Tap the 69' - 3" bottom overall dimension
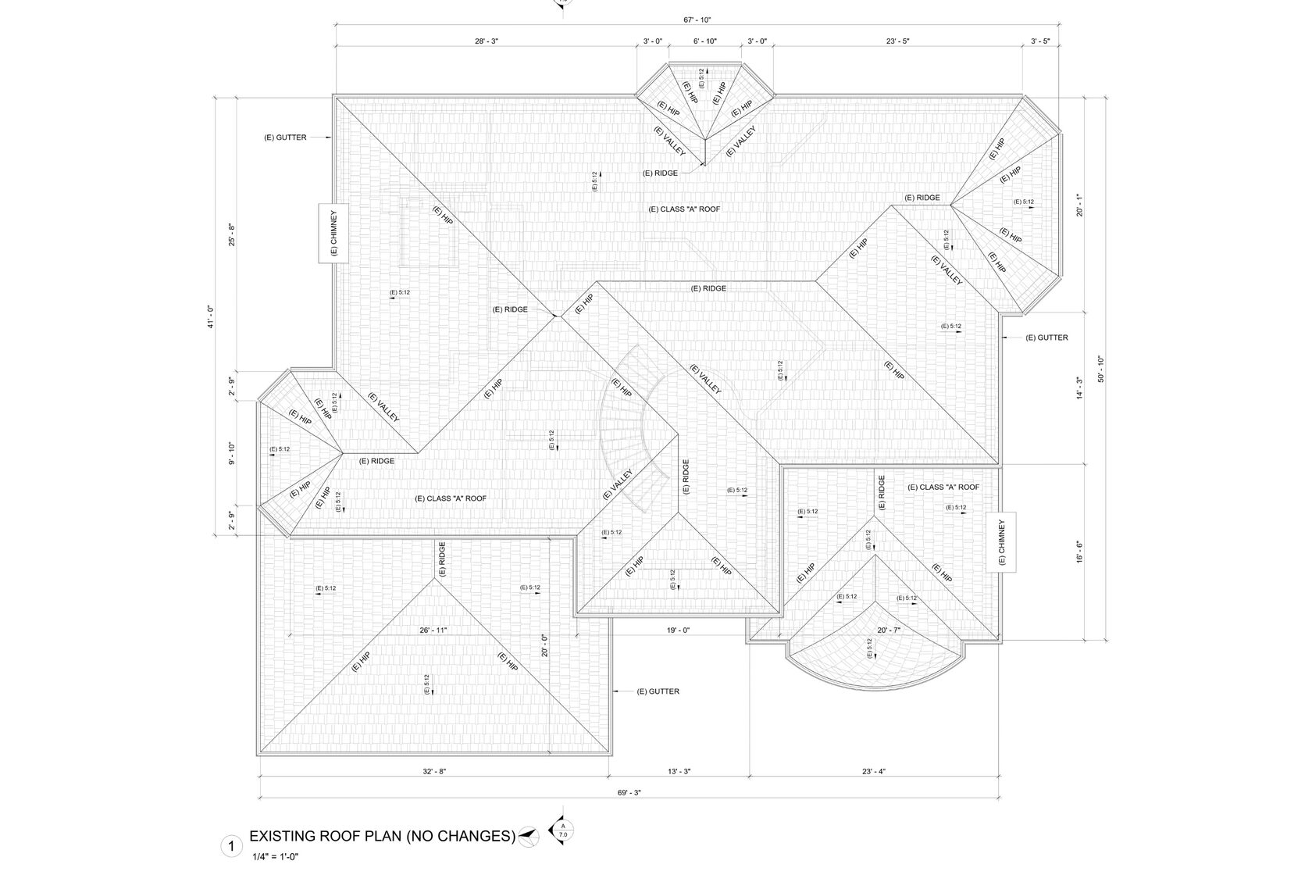[629, 792]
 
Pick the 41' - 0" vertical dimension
[210, 317]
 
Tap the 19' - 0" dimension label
[678, 630]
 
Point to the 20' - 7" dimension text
[890, 630]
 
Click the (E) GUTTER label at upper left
[285, 137]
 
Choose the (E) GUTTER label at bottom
[658, 691]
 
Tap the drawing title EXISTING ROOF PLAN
[382, 837]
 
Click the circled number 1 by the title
[230, 845]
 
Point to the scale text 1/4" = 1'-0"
[276, 857]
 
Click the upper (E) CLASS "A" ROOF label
[684, 209]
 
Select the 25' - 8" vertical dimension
[231, 234]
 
